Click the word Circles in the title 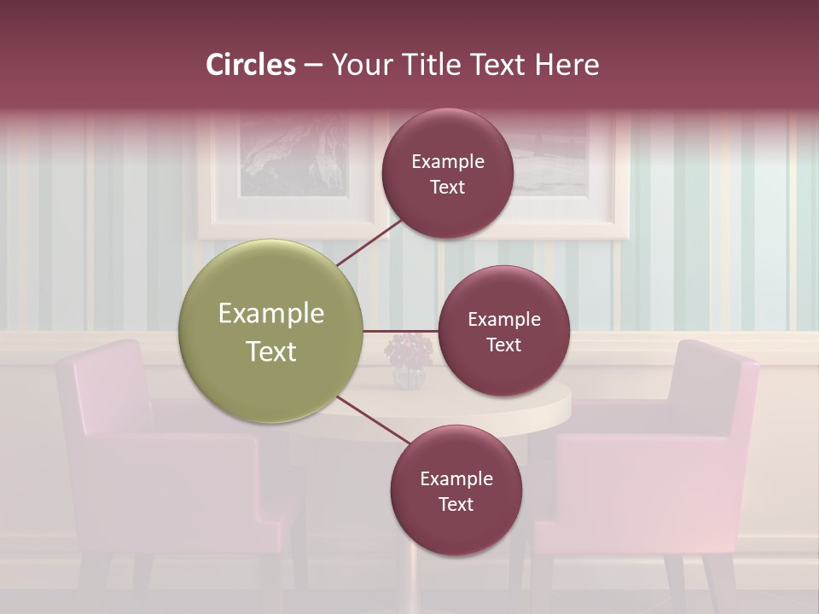click(251, 65)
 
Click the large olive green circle click(271, 331)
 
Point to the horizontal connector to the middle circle click(400, 331)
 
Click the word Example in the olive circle click(271, 313)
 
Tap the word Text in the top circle click(447, 188)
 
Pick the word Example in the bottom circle click(456, 478)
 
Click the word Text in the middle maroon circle click(503, 345)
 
